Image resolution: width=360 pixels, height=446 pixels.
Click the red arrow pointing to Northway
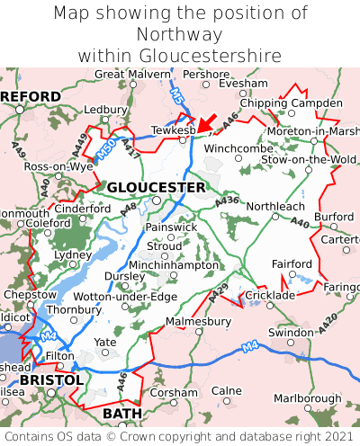click(205, 122)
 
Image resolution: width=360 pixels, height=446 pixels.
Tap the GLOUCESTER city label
click(156, 187)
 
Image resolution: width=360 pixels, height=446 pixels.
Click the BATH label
click(122, 413)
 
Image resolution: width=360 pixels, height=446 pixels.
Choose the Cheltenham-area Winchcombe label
click(238, 147)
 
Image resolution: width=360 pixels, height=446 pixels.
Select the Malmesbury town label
click(199, 319)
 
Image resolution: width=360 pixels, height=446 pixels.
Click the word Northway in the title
click(180, 34)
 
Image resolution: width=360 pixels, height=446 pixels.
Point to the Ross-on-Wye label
click(58, 167)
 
